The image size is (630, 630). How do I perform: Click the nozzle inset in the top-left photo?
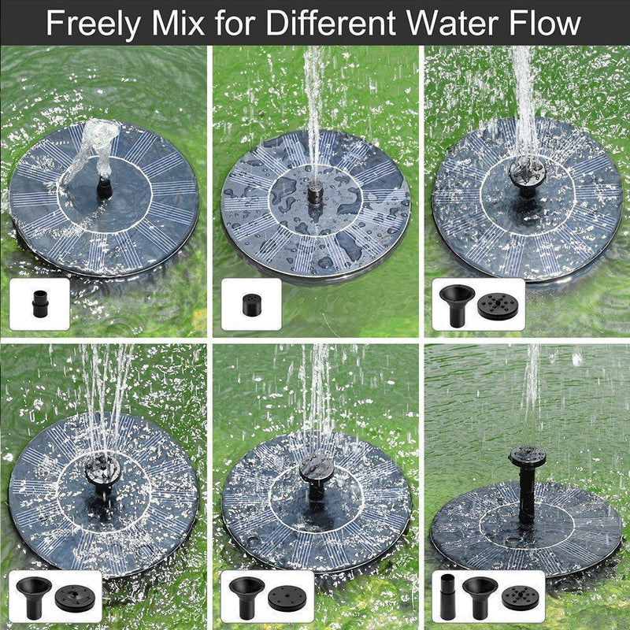[39, 302]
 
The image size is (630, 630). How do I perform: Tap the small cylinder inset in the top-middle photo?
[251, 302]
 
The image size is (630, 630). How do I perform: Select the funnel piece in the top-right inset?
[458, 302]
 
